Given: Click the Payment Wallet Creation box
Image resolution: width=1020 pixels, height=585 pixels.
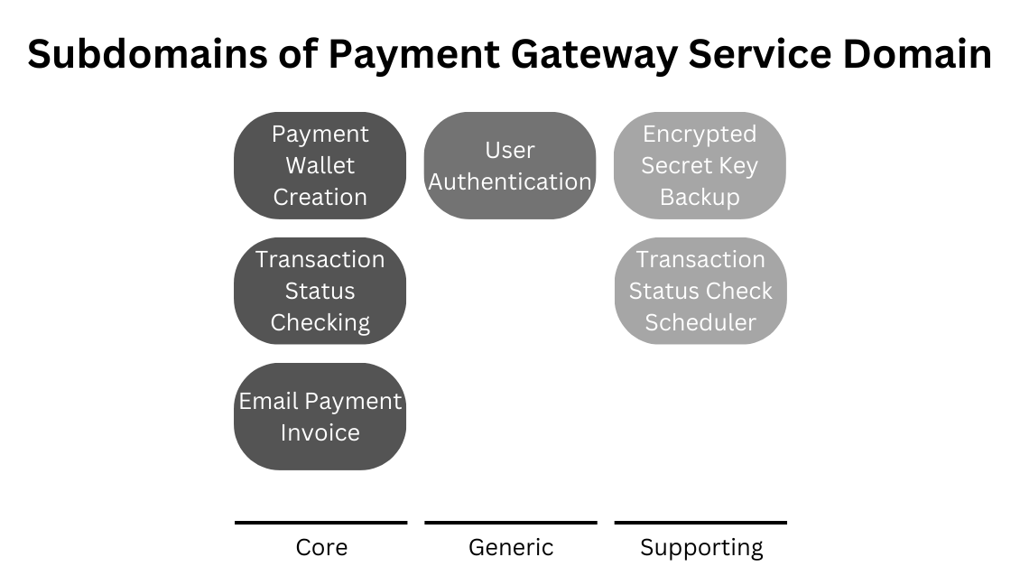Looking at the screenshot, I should click(320, 165).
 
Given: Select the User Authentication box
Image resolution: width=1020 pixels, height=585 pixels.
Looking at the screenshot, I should click(510, 165).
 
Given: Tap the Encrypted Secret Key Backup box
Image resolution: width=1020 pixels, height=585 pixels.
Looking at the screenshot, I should click(700, 165).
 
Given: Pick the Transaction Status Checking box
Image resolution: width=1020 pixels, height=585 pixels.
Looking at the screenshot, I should click(320, 291).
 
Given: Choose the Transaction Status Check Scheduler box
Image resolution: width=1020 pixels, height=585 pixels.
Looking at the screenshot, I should click(700, 291).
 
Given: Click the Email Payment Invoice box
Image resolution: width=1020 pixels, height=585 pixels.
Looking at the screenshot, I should click(320, 416).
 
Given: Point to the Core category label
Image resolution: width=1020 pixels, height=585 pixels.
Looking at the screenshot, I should click(321, 547).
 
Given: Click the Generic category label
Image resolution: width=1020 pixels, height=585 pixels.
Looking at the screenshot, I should click(511, 547).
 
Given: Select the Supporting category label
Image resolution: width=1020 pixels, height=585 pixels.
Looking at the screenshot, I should click(701, 547).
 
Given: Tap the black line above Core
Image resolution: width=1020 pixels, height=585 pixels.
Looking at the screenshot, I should click(320, 522).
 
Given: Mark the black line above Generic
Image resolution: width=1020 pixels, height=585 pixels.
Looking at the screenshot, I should click(511, 522).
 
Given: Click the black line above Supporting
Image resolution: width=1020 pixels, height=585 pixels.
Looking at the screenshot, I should click(700, 522).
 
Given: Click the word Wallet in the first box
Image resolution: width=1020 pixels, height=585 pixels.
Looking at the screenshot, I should click(320, 165).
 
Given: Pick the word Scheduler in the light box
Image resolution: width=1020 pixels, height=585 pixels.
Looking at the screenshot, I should click(700, 322).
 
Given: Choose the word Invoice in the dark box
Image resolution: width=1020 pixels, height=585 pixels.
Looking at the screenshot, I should click(320, 432).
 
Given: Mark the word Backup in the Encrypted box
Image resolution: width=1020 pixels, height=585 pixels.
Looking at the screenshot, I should click(700, 197).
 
